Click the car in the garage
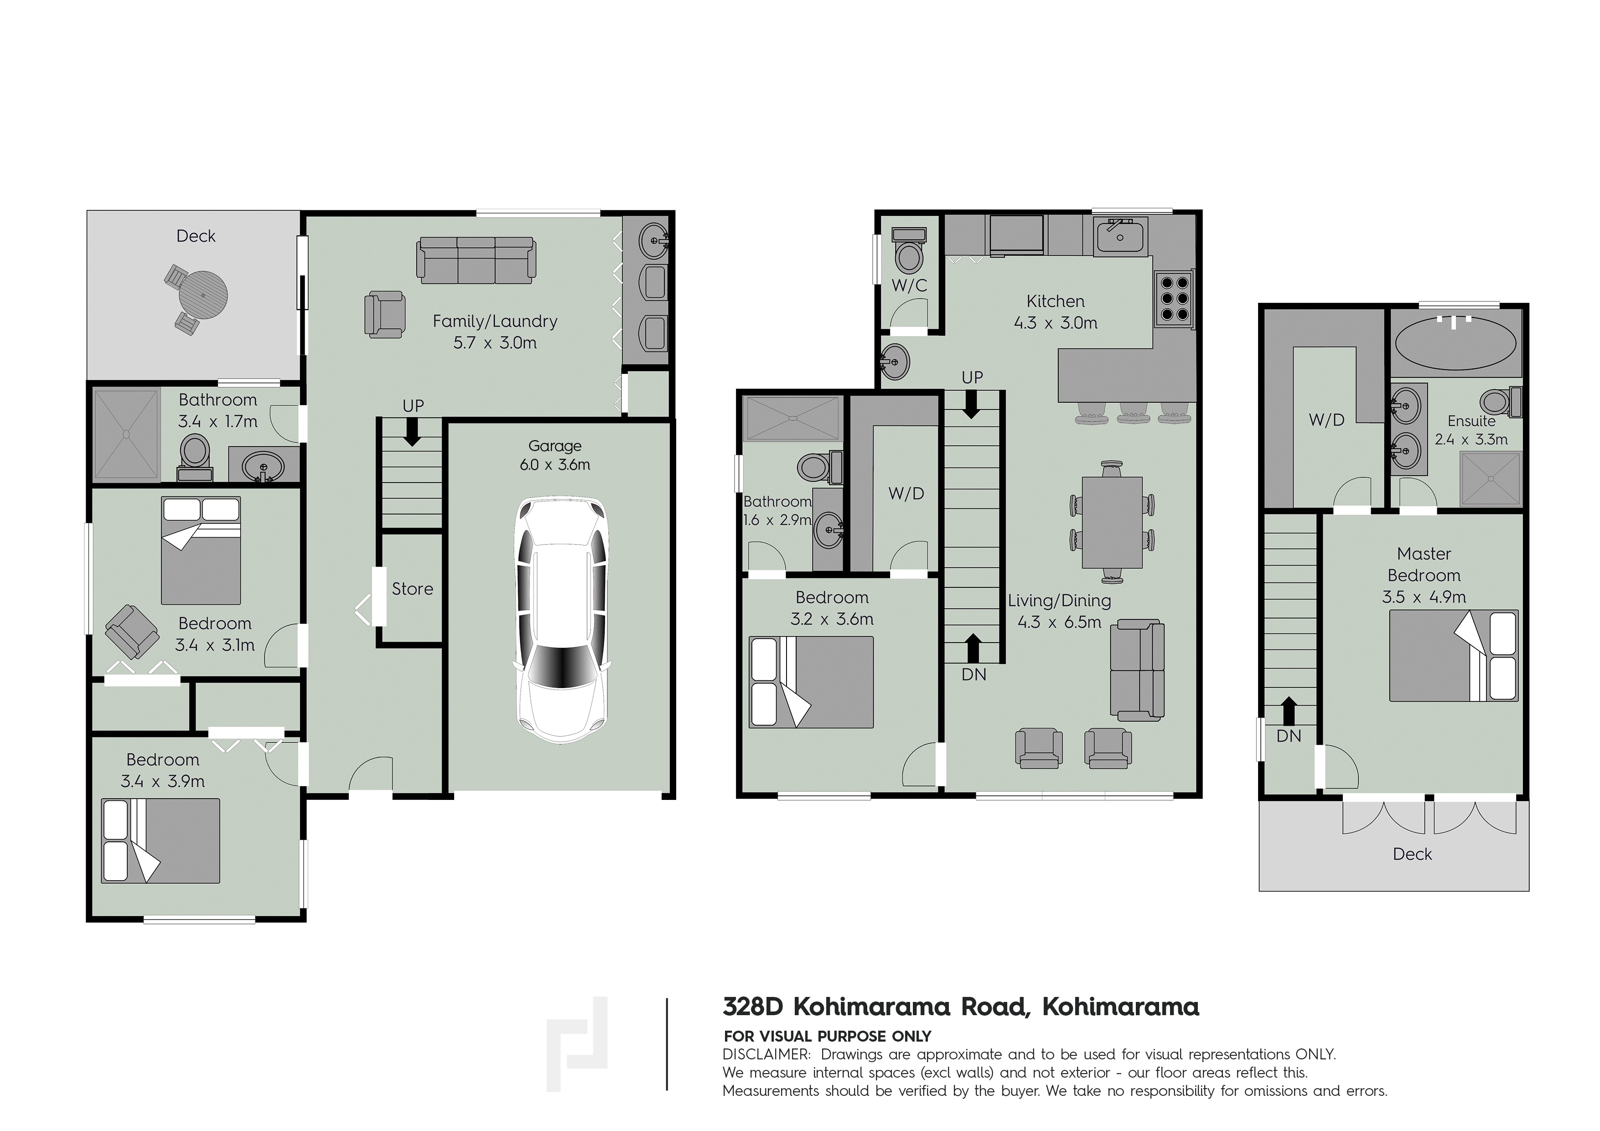click(x=562, y=619)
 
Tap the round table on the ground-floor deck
click(x=203, y=295)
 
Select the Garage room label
click(x=555, y=446)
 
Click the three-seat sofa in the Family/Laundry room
click(x=476, y=260)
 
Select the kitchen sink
click(x=1121, y=236)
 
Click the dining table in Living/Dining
click(x=1112, y=522)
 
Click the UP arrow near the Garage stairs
click(x=413, y=431)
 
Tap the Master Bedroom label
click(x=1424, y=565)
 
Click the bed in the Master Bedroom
click(x=1454, y=656)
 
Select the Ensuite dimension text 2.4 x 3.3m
click(x=1471, y=440)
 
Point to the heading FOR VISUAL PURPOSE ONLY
click(x=827, y=1036)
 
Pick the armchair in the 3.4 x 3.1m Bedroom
click(x=130, y=631)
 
